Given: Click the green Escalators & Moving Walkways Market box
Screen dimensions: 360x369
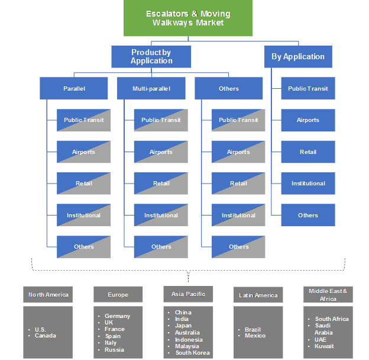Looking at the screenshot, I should tap(188, 18).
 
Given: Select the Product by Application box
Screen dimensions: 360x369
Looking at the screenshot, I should tap(151, 56).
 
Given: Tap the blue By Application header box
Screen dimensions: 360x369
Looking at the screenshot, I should tap(297, 57).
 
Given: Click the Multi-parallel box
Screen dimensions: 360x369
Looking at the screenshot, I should tap(151, 88).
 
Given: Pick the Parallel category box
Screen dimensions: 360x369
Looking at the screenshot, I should tap(74, 88).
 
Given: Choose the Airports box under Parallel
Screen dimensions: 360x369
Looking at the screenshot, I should tap(83, 152).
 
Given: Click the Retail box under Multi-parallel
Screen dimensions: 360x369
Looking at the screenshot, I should tap(161, 183).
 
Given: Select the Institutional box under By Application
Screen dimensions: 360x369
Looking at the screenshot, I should tap(307, 183).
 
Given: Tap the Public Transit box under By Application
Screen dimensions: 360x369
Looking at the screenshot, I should tap(307, 88).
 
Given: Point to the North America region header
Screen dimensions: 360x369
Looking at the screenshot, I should tap(48, 294).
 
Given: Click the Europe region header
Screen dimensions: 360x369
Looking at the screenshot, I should tap(118, 294).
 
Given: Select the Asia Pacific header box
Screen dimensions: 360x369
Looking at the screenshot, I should tap(187, 293).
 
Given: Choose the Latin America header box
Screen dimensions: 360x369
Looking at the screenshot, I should tap(258, 294).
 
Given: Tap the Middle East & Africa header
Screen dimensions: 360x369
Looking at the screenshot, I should tap(328, 294).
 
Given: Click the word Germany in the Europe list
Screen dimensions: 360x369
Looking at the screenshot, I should tap(117, 316).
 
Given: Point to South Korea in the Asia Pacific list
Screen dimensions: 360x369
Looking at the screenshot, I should tap(192, 353).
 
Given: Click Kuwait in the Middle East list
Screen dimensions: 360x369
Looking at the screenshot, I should tap(325, 346).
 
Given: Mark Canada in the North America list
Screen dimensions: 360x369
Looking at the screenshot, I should tap(45, 336).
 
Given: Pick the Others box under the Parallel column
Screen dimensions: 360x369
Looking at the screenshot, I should tap(83, 246).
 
